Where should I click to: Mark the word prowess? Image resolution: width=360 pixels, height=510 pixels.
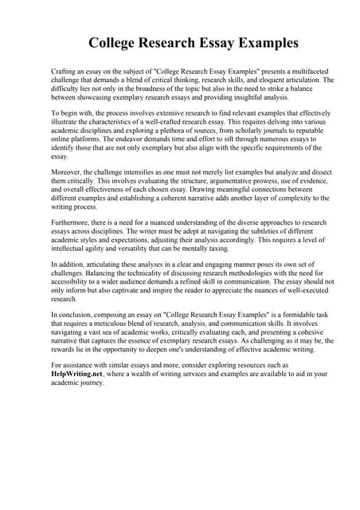point(235,181)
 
